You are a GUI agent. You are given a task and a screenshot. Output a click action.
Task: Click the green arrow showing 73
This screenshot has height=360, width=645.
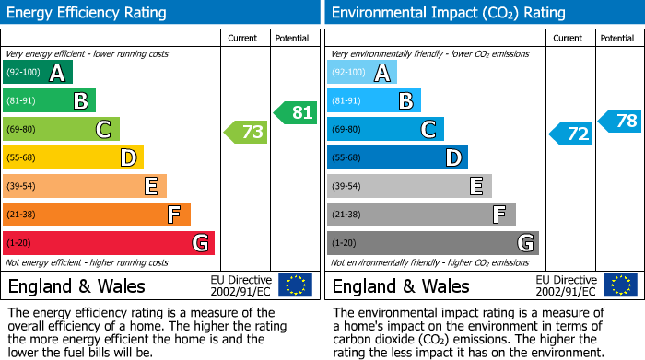pyautogui.click(x=246, y=133)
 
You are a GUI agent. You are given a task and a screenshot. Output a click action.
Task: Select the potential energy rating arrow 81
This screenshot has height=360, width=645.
pyautogui.click(x=295, y=112)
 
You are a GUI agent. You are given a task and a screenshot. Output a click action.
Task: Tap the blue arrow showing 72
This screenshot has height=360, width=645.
pyautogui.click(x=571, y=134)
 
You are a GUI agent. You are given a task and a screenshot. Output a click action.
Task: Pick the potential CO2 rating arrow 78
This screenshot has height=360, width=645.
pyautogui.click(x=620, y=120)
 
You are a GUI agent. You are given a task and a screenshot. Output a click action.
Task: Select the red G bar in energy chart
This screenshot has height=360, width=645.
pyautogui.click(x=109, y=243)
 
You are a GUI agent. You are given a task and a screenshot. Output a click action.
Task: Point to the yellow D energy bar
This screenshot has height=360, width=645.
pyautogui.click(x=73, y=157)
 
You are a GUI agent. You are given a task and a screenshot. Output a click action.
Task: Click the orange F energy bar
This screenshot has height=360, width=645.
pyautogui.click(x=97, y=215)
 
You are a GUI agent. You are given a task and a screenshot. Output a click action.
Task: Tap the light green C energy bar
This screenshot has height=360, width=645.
pyautogui.click(x=61, y=130)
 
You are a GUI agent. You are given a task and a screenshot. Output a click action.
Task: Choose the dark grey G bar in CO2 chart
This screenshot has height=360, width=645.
pyautogui.click(x=432, y=243)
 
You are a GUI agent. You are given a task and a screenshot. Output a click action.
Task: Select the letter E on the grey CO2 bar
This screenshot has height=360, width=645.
pyautogui.click(x=476, y=187)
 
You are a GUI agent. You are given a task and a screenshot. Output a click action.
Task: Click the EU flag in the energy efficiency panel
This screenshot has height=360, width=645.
pyautogui.click(x=295, y=285)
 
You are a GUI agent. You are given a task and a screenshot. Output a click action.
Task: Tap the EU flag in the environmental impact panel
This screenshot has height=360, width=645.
pyautogui.click(x=620, y=285)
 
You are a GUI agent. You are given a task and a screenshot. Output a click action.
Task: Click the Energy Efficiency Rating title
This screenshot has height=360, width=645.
pyautogui.click(x=88, y=13)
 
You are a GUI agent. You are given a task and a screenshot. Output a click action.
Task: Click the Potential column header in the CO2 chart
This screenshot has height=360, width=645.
pyautogui.click(x=617, y=38)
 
